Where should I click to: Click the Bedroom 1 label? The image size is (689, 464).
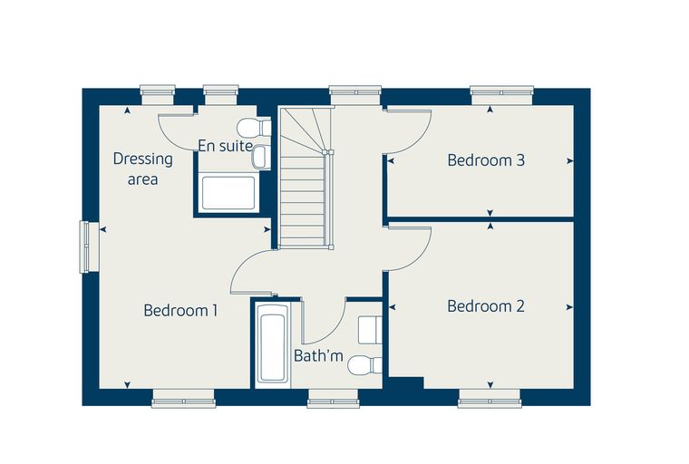pyautogui.click(x=180, y=311)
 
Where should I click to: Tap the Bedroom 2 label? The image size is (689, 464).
pyautogui.click(x=486, y=306)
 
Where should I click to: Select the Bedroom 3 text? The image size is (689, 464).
pyautogui.click(x=486, y=160)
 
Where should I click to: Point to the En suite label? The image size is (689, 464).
pyautogui.click(x=226, y=146)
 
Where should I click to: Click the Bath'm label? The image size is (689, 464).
pyautogui.click(x=318, y=355)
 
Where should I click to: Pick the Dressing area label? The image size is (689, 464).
pyautogui.click(x=143, y=169)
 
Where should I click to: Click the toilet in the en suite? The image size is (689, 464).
pyautogui.click(x=254, y=127)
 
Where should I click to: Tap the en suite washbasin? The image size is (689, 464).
pyautogui.click(x=260, y=157)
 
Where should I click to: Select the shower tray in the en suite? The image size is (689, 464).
pyautogui.click(x=228, y=193)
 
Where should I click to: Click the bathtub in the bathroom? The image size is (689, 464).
pyautogui.click(x=273, y=344)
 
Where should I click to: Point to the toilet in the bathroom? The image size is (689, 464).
pyautogui.click(x=364, y=364)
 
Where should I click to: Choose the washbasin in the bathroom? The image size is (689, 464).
pyautogui.click(x=370, y=330)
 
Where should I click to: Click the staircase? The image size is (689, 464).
pyautogui.click(x=306, y=178)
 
